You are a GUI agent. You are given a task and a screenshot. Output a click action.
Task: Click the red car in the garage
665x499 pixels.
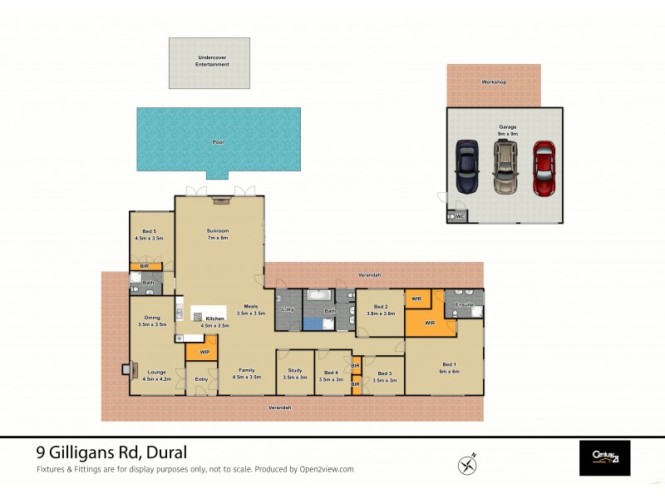544,169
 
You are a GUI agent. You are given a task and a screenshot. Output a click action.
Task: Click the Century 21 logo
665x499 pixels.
604,458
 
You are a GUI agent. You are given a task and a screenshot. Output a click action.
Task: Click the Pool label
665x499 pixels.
219,142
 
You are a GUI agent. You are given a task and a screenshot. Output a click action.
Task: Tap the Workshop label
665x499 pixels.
494,83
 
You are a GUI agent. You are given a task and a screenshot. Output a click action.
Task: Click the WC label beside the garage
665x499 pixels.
459,217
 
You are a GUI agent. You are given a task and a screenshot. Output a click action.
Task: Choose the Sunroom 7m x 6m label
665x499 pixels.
218,234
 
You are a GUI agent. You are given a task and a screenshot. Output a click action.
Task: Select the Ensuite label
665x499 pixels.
464,305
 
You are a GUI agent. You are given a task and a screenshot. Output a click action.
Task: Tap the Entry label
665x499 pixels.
201,380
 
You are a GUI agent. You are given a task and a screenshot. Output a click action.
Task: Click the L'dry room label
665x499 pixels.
288,310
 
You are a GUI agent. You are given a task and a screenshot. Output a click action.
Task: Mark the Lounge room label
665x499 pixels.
157,375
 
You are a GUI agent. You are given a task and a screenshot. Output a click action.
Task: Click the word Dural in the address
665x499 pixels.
165,453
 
